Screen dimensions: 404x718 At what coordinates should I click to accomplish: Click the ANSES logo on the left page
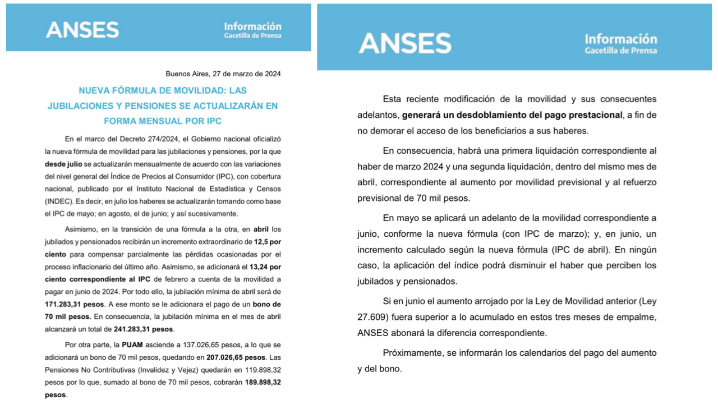[x=82, y=30]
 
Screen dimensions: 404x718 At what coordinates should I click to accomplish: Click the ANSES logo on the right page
[x=404, y=43]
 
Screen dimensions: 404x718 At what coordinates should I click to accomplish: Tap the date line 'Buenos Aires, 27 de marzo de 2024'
[x=223, y=74]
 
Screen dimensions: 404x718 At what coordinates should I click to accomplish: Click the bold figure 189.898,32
[x=263, y=382]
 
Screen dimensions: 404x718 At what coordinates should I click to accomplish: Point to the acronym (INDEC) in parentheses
[x=58, y=201]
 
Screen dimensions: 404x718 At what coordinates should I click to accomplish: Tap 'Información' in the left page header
[x=252, y=26]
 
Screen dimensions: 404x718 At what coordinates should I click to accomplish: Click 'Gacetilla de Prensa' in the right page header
[x=620, y=50]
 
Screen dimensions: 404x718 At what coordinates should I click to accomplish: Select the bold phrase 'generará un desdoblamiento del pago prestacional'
[x=512, y=115]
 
